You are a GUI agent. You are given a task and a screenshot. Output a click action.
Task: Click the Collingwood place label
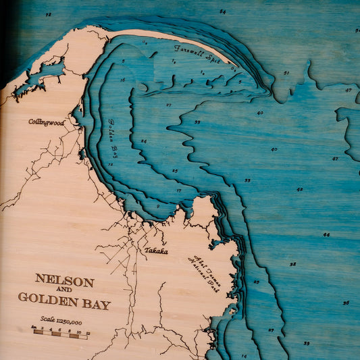point(46,122)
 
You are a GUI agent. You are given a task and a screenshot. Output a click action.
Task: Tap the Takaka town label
point(155,250)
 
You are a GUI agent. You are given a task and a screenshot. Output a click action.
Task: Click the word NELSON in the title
point(64,279)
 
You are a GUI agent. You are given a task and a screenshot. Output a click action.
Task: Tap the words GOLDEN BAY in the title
point(64,300)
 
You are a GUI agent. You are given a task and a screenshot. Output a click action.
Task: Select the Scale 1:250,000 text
point(61,322)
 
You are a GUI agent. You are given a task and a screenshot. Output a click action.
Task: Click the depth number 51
point(286,73)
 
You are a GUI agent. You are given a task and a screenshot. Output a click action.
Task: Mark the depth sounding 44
point(326,234)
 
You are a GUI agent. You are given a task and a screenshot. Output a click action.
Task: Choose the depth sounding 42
point(299,190)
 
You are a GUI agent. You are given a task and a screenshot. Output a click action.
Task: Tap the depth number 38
point(292,264)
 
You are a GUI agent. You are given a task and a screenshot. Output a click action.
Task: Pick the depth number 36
point(346,303)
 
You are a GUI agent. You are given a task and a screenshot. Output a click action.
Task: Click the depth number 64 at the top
point(223,11)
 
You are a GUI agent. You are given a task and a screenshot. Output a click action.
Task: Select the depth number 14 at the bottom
point(244,355)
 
